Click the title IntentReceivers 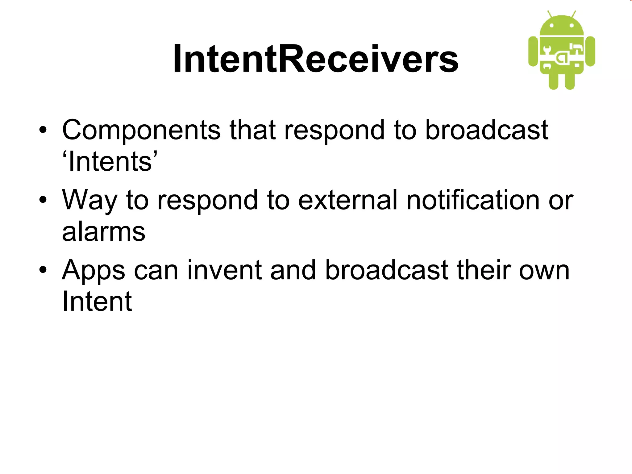[316, 59]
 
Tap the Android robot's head [562, 26]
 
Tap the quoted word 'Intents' [110, 162]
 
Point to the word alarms [103, 232]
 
